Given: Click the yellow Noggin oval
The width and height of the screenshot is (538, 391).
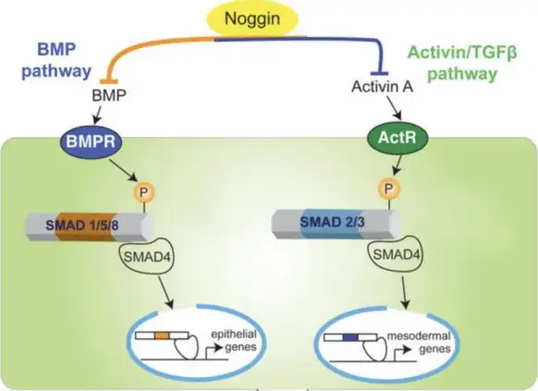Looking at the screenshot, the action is click(x=252, y=18).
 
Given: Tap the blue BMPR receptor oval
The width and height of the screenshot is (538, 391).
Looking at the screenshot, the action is click(x=91, y=141).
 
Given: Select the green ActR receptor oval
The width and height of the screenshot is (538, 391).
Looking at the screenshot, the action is click(x=397, y=138).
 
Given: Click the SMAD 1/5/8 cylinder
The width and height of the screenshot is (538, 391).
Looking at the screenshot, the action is click(x=90, y=226).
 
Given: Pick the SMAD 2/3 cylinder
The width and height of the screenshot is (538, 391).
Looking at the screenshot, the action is click(x=336, y=224).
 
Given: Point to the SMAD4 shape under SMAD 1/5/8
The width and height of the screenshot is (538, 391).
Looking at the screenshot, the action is click(x=146, y=255).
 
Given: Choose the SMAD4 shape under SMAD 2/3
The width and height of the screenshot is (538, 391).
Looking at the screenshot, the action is click(x=396, y=253).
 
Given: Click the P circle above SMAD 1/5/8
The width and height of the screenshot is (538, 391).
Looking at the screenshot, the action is click(x=143, y=192).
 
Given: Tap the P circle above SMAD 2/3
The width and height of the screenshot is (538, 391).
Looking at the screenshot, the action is click(x=388, y=189).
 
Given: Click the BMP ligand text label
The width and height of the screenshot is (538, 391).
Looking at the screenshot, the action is click(x=109, y=95).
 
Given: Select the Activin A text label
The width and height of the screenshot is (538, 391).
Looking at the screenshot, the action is click(x=382, y=87).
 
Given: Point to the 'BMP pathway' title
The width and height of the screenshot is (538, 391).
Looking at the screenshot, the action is click(x=56, y=60).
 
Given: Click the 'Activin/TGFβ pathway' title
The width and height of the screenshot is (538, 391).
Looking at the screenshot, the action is click(x=462, y=64).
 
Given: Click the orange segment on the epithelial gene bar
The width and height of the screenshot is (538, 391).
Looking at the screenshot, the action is click(x=162, y=336).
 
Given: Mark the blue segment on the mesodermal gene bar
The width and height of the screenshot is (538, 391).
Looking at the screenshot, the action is click(x=350, y=337).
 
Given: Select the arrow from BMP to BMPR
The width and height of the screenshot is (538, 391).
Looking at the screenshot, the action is click(x=97, y=115).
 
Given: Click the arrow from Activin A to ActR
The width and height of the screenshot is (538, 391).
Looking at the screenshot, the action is click(x=395, y=107).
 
